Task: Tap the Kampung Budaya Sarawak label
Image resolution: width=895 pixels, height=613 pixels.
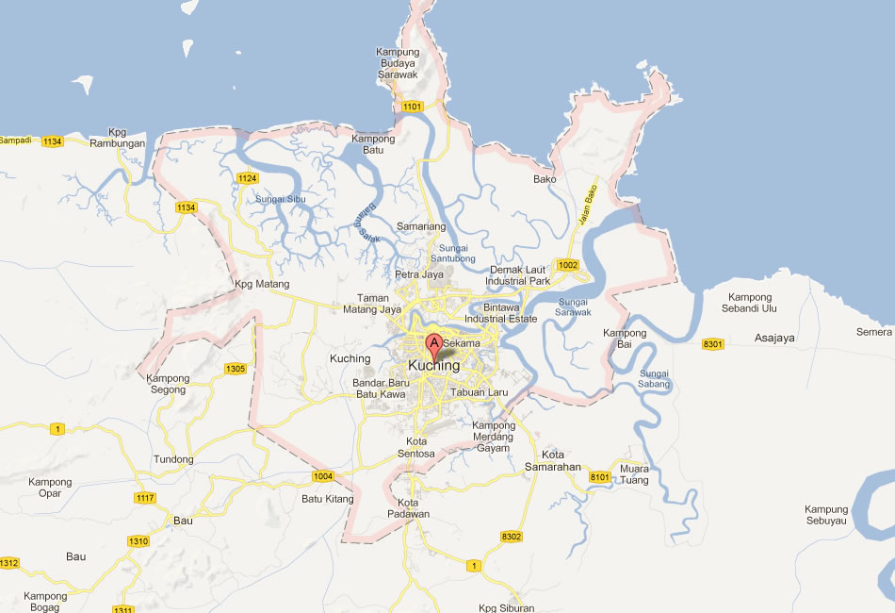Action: coord(403,62)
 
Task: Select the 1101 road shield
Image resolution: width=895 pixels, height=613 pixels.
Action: coord(413,107)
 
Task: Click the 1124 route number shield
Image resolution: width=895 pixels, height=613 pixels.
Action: coord(248,178)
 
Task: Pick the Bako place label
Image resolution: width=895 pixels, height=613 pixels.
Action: coord(545,179)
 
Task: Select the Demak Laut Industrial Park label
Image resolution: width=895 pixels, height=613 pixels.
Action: coord(519,275)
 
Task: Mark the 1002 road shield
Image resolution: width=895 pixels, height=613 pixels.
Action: coord(567,265)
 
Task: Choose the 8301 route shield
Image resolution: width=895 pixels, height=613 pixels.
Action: coord(712,344)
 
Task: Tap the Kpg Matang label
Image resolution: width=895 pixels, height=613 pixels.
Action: coord(262,284)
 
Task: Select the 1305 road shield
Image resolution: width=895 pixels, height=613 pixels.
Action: coord(236,368)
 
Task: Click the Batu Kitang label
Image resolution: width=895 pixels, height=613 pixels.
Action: coord(327,499)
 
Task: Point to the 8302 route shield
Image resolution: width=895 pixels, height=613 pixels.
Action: coord(512,537)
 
